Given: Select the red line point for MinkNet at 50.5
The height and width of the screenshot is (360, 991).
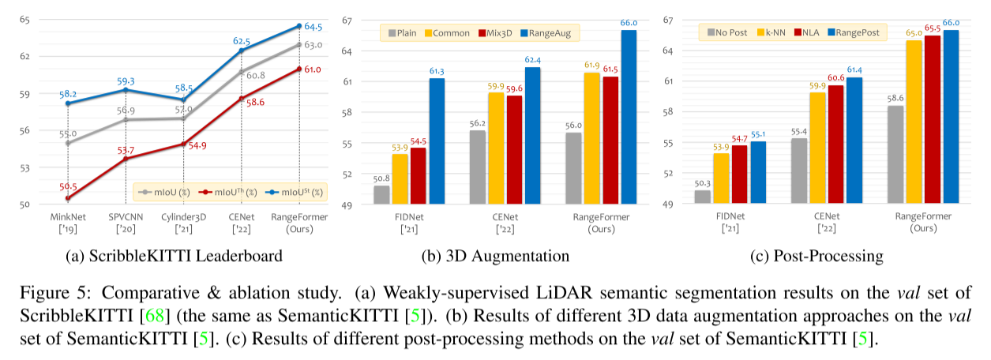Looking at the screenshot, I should coord(68,198).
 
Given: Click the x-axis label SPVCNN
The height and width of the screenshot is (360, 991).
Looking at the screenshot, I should coord(126,217).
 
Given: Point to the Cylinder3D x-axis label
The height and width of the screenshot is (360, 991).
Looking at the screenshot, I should coord(183,217).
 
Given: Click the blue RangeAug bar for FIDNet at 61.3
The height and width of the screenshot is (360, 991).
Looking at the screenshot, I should coord(436,142).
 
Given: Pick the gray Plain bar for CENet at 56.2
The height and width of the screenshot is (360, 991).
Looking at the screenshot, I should coord(477,167).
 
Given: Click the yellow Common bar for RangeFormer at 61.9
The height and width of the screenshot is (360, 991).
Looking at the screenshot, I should coord(591,138).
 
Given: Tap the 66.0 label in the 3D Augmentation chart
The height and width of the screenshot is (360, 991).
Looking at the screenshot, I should coord(629,23).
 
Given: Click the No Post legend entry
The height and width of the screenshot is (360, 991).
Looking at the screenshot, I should coord(730,32).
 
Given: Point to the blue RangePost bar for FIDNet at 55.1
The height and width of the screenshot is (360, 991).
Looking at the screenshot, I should coord(757,173).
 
